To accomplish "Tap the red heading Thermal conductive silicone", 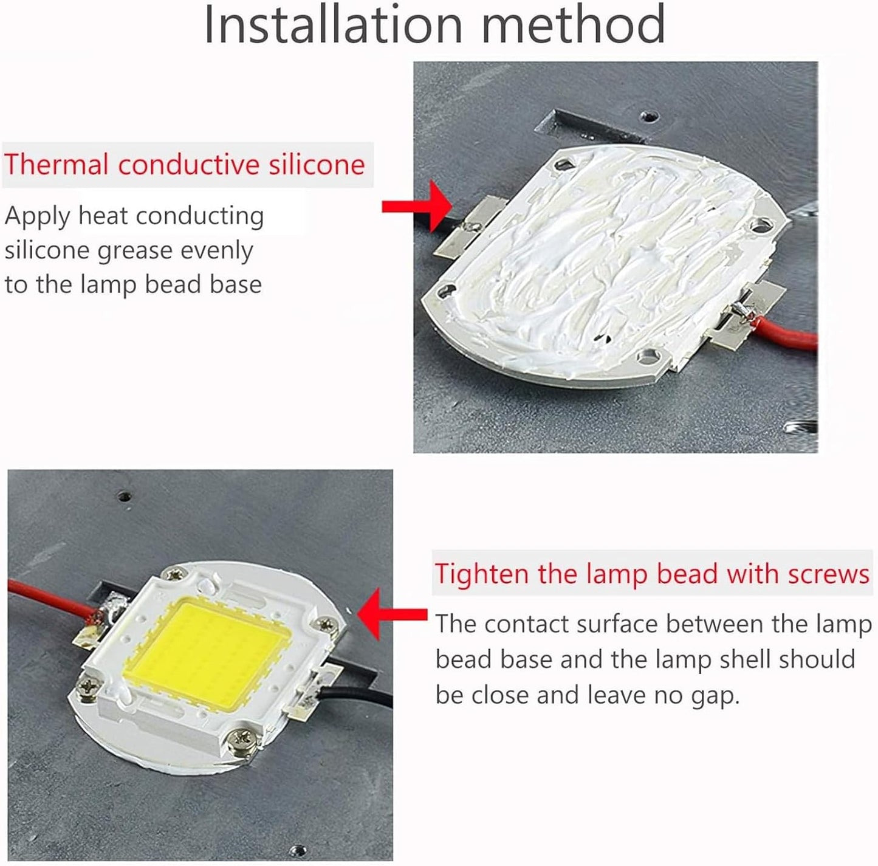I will point(184,165).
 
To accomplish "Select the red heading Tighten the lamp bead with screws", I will point(651,574).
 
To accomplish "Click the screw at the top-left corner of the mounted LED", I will point(176,573).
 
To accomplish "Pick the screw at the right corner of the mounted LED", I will point(328,624).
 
